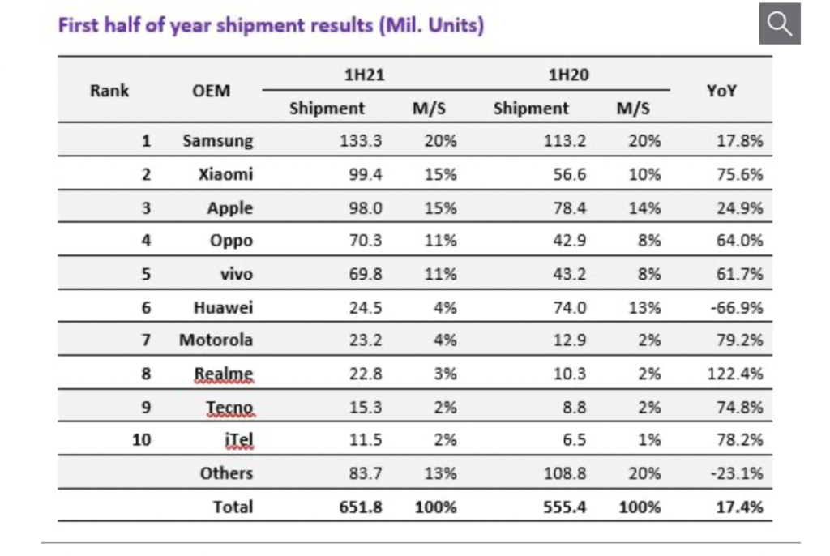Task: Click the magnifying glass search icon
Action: (x=779, y=24)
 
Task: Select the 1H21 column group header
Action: (x=364, y=75)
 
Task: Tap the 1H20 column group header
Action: (x=567, y=75)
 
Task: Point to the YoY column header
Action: (x=721, y=91)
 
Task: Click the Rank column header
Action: (x=109, y=91)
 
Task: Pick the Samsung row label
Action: (x=217, y=140)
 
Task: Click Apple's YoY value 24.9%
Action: (x=739, y=207)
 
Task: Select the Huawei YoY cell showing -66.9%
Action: (x=737, y=307)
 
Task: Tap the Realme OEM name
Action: (x=224, y=374)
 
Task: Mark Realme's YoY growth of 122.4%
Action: (x=735, y=374)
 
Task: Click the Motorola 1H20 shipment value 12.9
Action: (x=570, y=340)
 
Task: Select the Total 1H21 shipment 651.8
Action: (x=361, y=507)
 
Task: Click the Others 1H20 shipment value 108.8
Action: (x=565, y=473)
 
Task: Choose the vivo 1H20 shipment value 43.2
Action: (x=570, y=274)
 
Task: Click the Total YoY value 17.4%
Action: (x=739, y=507)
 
